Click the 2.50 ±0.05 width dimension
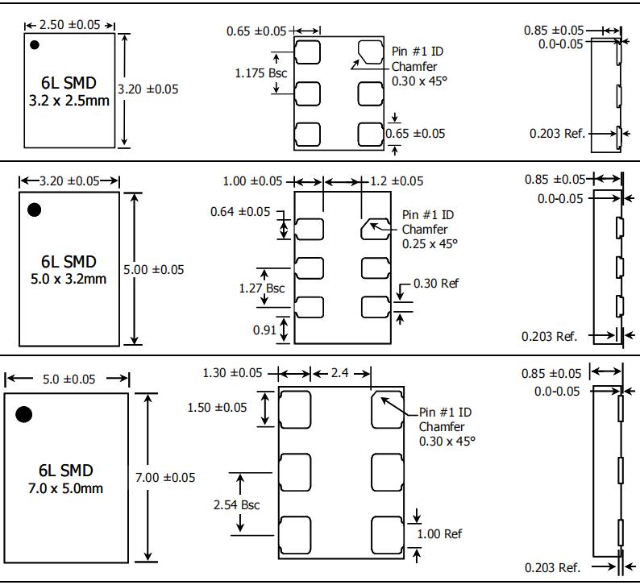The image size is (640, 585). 72,25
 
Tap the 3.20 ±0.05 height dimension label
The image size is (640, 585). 148,89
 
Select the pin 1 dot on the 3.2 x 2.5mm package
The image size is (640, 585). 35,45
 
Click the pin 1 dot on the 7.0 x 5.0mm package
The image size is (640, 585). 23,414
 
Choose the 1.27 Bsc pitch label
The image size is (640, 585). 262,287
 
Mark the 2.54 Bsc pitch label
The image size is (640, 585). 236,504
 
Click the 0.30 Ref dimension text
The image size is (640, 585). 436,284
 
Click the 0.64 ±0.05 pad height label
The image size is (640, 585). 240,212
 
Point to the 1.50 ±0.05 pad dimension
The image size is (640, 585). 217,408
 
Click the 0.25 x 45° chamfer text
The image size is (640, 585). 430,243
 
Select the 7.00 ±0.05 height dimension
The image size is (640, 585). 165,477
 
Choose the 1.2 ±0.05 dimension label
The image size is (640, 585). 395,181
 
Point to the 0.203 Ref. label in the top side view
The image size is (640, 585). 557,134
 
